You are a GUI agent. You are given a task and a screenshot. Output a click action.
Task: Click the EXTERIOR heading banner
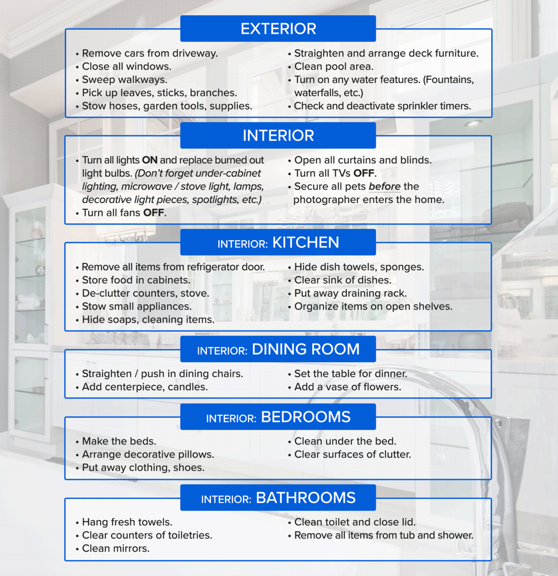278,29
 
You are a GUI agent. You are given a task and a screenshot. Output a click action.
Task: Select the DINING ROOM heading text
306,349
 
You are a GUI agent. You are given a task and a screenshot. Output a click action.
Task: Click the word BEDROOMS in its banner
306,417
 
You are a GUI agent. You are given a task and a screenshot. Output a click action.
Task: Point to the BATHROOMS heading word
306,498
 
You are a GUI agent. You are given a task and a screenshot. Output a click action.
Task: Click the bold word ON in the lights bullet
149,160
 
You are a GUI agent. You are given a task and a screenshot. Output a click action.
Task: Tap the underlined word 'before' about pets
384,186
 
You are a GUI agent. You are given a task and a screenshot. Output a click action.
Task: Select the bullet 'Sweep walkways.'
124,79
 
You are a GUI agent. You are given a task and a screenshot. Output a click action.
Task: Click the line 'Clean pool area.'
334,67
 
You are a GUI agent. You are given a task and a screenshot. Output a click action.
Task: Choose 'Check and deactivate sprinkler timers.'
382,106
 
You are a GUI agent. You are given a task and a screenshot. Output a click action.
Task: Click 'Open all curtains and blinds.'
363,160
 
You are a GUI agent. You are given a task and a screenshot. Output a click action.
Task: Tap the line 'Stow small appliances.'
137,306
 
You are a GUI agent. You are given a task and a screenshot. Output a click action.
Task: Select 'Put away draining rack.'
350,293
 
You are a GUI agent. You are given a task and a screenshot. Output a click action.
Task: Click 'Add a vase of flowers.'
348,387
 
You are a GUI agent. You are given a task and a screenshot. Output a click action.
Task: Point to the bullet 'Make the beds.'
119,441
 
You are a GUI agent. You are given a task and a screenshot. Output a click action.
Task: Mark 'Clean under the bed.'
345,441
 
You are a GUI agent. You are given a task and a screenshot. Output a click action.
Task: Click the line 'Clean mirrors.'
115,549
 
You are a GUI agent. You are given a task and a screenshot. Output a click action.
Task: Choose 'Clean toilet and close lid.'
355,522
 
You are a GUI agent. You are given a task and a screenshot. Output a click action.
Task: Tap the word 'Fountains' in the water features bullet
448,79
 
